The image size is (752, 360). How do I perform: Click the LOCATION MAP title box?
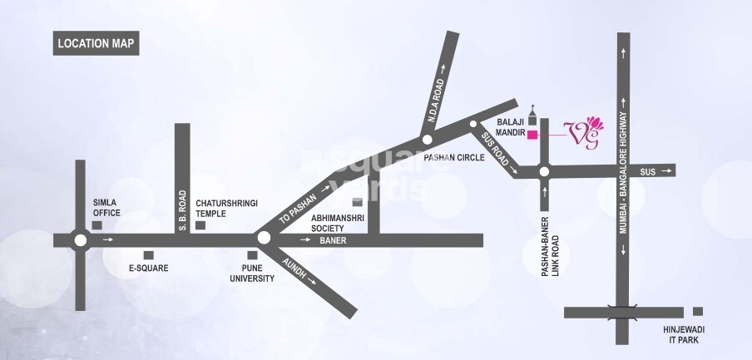(x=96, y=44)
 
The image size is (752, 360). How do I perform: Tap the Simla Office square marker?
(x=97, y=225)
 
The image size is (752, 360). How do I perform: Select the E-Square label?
(x=149, y=269)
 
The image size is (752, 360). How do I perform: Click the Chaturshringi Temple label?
(x=219, y=207)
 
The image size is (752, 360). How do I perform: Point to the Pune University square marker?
(x=252, y=255)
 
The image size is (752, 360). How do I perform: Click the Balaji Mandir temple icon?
(x=532, y=113)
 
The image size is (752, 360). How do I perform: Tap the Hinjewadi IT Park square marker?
(x=697, y=312)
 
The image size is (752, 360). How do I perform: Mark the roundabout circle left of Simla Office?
(x=80, y=240)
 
